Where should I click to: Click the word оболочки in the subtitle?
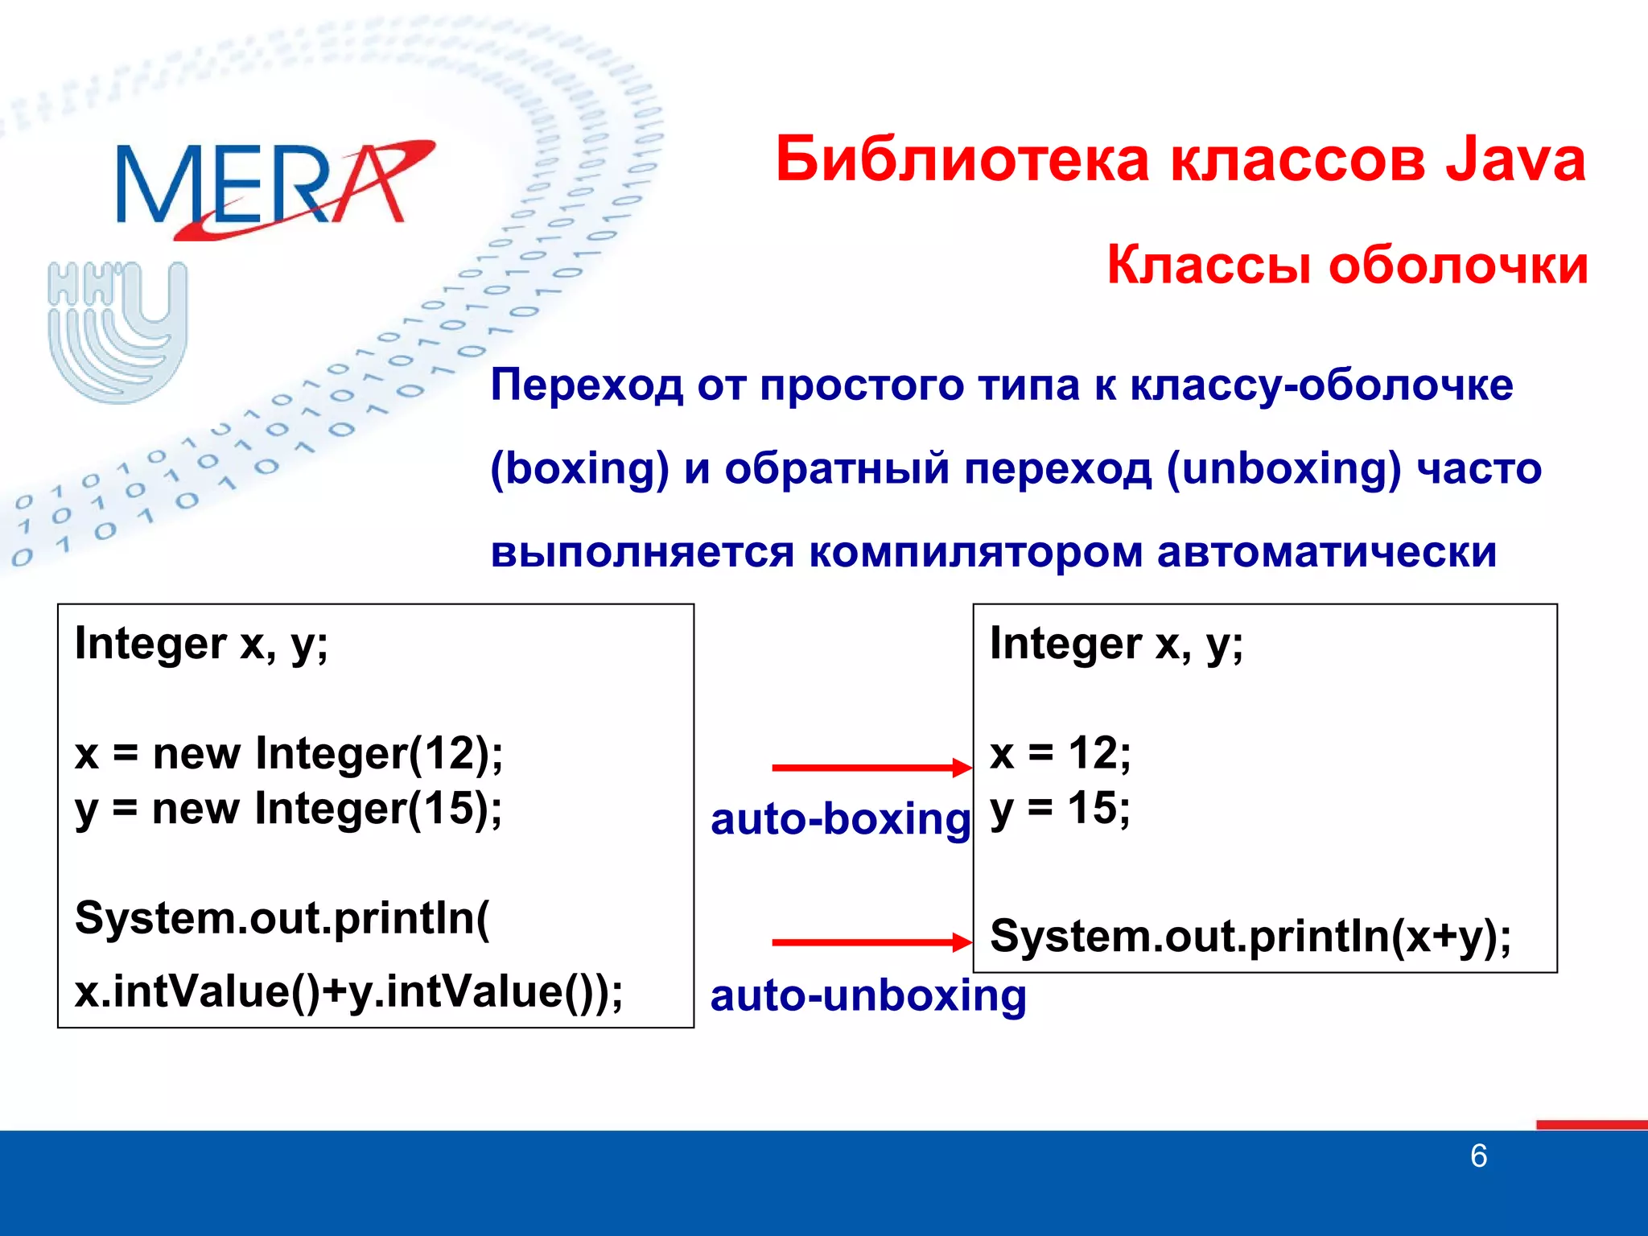[x=1458, y=265]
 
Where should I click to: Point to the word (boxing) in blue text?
[x=579, y=468]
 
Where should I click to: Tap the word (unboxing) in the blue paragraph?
[x=1283, y=468]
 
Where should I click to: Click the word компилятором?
[x=975, y=552]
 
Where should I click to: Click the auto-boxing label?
[x=840, y=819]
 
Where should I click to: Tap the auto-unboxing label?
[x=867, y=996]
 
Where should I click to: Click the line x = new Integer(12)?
[x=289, y=754]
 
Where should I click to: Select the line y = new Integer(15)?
[x=288, y=809]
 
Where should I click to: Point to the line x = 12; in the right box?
[x=1060, y=754]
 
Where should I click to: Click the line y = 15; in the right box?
[x=1060, y=809]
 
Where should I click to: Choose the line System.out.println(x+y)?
[x=1250, y=936]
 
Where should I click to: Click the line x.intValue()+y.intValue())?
[x=348, y=991]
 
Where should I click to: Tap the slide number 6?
[x=1478, y=1156]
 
